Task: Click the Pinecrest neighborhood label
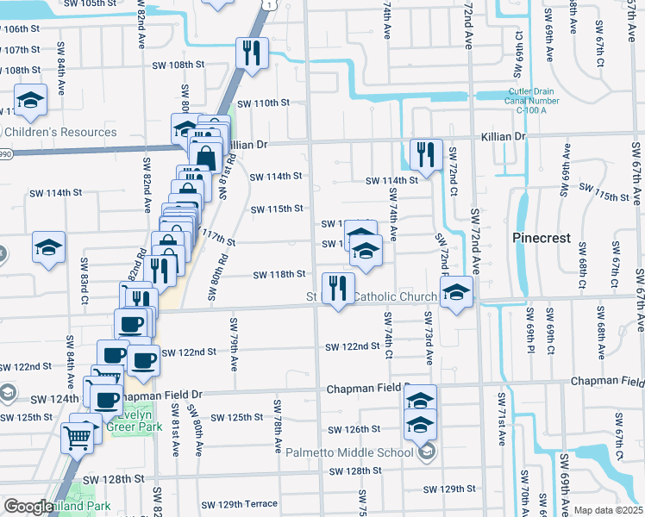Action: point(542,238)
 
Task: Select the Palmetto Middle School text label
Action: point(350,452)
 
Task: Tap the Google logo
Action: point(28,507)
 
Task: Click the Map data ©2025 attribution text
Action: point(608,510)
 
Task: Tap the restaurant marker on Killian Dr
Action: point(426,154)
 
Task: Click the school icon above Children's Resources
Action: point(31,99)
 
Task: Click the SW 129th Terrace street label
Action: point(240,504)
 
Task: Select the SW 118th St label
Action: point(279,275)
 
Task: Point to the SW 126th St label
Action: point(354,429)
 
